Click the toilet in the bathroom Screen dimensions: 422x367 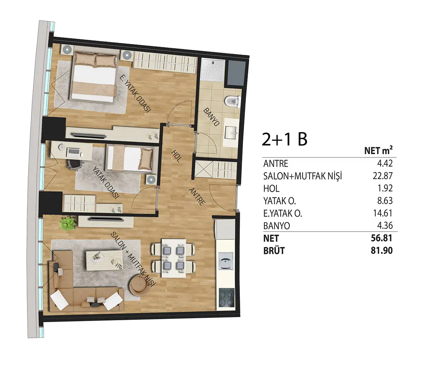click(x=233, y=102)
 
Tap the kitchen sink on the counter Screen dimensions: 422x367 click(x=226, y=261)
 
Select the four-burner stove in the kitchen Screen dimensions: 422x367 click(x=226, y=297)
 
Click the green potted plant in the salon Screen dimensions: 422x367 click(x=67, y=223)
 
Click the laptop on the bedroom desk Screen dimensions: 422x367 click(x=73, y=152)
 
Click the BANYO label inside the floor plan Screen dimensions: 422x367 click(x=211, y=117)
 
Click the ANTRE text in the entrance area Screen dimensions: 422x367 click(x=197, y=197)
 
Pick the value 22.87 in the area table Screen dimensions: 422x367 click(x=383, y=176)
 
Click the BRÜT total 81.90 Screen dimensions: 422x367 click(x=382, y=251)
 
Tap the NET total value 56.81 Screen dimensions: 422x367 click(x=382, y=238)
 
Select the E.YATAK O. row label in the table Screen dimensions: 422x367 click(x=283, y=213)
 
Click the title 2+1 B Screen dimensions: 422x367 click(x=284, y=139)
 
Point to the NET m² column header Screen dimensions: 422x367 click(x=378, y=150)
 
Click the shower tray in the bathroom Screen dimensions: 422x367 click(x=213, y=70)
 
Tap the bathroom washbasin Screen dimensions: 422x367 click(x=231, y=133)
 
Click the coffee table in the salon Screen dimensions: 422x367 click(x=104, y=260)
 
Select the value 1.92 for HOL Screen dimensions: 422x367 click(x=385, y=188)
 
